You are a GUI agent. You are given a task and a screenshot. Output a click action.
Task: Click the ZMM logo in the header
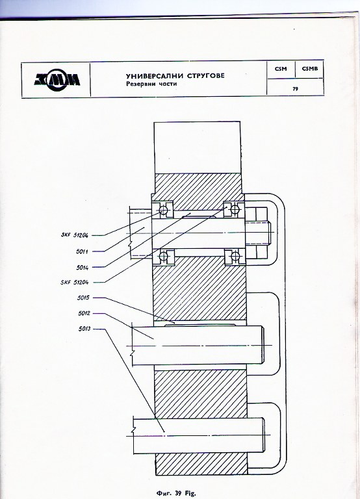(57, 79)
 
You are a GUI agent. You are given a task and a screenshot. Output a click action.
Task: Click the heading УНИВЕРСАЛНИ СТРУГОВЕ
(175, 76)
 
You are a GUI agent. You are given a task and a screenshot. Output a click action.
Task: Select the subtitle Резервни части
(151, 84)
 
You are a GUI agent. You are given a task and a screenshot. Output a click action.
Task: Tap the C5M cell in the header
(281, 68)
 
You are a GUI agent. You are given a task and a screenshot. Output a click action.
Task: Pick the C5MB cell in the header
(310, 68)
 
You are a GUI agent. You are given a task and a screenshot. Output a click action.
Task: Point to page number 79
(296, 89)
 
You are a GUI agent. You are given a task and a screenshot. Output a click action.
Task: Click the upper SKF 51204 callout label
(75, 235)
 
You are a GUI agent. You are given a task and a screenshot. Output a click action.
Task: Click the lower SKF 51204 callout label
(75, 282)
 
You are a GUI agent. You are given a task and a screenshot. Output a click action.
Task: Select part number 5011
(82, 251)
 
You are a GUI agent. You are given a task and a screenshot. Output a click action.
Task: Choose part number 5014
(82, 268)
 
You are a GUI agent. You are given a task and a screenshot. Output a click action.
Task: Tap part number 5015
(83, 298)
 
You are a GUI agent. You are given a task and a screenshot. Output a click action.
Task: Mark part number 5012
(84, 313)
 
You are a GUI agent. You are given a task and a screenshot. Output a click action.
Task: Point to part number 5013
(84, 329)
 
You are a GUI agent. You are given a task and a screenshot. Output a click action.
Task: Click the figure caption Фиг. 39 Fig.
(176, 493)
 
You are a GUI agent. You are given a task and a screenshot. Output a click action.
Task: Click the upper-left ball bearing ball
(163, 210)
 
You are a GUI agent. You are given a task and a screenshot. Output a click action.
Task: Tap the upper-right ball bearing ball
(235, 209)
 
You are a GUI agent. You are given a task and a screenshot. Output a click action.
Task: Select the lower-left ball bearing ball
(164, 256)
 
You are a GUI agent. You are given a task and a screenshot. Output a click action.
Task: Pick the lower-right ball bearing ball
(235, 256)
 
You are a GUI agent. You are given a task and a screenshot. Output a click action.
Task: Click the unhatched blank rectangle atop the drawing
(197, 147)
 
